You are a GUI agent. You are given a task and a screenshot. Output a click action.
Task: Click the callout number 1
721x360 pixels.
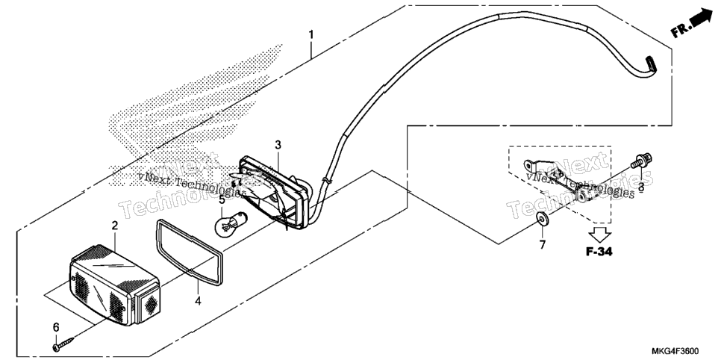coord(311,34)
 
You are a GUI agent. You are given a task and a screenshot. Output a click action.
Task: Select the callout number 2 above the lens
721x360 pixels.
coord(114,226)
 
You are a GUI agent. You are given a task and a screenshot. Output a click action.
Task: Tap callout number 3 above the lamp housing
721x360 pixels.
coord(278,145)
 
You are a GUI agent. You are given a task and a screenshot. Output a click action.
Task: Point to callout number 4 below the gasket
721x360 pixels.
coord(198,301)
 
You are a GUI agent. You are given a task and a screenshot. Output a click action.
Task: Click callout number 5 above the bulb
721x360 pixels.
coord(222,200)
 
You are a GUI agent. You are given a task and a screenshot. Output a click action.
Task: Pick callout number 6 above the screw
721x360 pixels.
coord(56,327)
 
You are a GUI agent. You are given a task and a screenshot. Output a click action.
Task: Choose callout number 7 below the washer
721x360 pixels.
coord(542,245)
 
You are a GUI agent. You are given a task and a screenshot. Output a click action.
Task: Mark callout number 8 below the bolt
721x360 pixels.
coord(640,187)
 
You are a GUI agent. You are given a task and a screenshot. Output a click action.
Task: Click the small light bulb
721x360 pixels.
coord(230,223)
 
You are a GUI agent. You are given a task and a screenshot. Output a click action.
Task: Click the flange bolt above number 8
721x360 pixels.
coord(642,161)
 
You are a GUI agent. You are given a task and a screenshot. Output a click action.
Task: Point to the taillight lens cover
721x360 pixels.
coord(114,285)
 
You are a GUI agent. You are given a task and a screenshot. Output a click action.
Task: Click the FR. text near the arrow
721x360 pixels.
coord(680,31)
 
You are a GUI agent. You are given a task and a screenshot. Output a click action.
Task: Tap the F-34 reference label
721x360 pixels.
coord(599,252)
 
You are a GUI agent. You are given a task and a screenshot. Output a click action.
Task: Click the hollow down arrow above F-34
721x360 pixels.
coord(599,233)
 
